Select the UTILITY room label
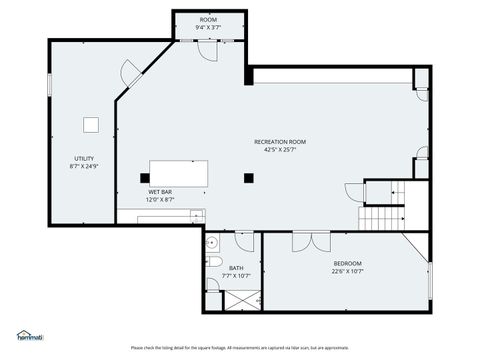[84, 159]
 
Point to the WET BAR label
[160, 191]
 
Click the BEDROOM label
[347, 263]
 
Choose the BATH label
[236, 267]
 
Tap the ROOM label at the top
[208, 19]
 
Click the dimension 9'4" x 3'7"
[208, 27]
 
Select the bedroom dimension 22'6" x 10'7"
[347, 271]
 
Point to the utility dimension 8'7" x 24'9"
[84, 167]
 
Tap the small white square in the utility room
[90, 124]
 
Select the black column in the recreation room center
[248, 179]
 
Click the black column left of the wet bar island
[144, 179]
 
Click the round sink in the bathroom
[212, 242]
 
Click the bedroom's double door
[303, 239]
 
